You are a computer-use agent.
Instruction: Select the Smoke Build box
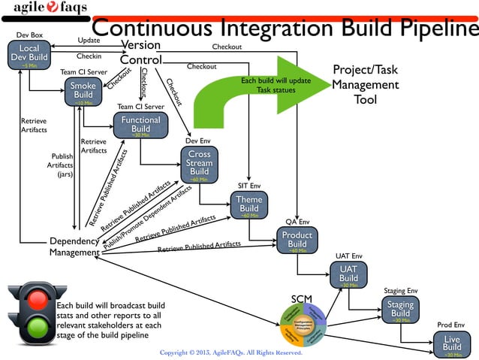pyautogui.click(x=83, y=92)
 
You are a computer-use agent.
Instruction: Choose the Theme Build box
pyautogui.click(x=249, y=205)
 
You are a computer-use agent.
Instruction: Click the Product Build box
pyautogui.click(x=297, y=241)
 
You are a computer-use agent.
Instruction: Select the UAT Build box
pyautogui.click(x=348, y=274)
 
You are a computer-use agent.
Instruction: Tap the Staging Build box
pyautogui.click(x=401, y=309)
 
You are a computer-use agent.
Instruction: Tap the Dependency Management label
pyautogui.click(x=74, y=247)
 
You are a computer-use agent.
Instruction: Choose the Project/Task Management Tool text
pyautogui.click(x=365, y=84)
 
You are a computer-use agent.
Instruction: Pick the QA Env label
pyautogui.click(x=297, y=222)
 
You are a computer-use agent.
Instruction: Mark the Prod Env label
pyautogui.click(x=450, y=325)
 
